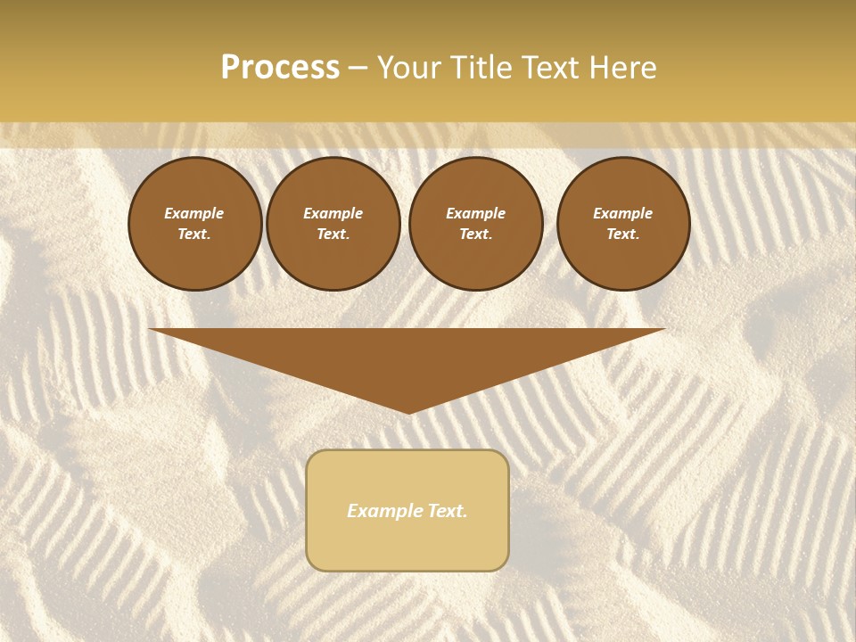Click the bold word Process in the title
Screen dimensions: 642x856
(x=280, y=68)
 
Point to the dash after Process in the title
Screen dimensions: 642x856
(x=358, y=69)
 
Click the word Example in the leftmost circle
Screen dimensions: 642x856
(x=194, y=213)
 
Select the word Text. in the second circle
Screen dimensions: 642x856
(x=333, y=235)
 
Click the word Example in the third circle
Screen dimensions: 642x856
(x=475, y=213)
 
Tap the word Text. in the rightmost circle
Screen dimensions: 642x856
(x=623, y=235)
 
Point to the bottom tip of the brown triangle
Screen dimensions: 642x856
(x=409, y=411)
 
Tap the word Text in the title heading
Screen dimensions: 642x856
(x=547, y=68)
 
